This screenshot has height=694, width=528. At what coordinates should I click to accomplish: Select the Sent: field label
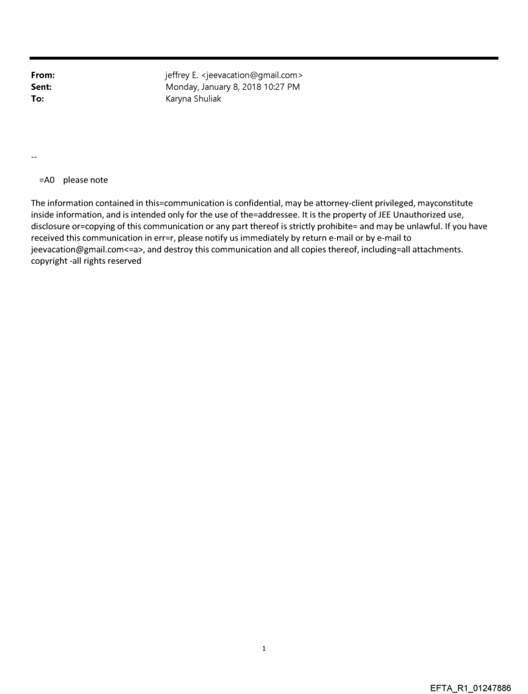[x=41, y=87]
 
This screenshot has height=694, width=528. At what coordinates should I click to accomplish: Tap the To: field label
[x=38, y=99]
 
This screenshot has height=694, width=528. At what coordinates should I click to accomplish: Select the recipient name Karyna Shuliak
[x=193, y=99]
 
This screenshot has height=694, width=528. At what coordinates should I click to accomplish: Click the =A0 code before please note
[x=47, y=180]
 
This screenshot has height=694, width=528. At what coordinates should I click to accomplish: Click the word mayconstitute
[x=445, y=203]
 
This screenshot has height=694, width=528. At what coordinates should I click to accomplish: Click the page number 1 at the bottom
[x=263, y=648]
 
